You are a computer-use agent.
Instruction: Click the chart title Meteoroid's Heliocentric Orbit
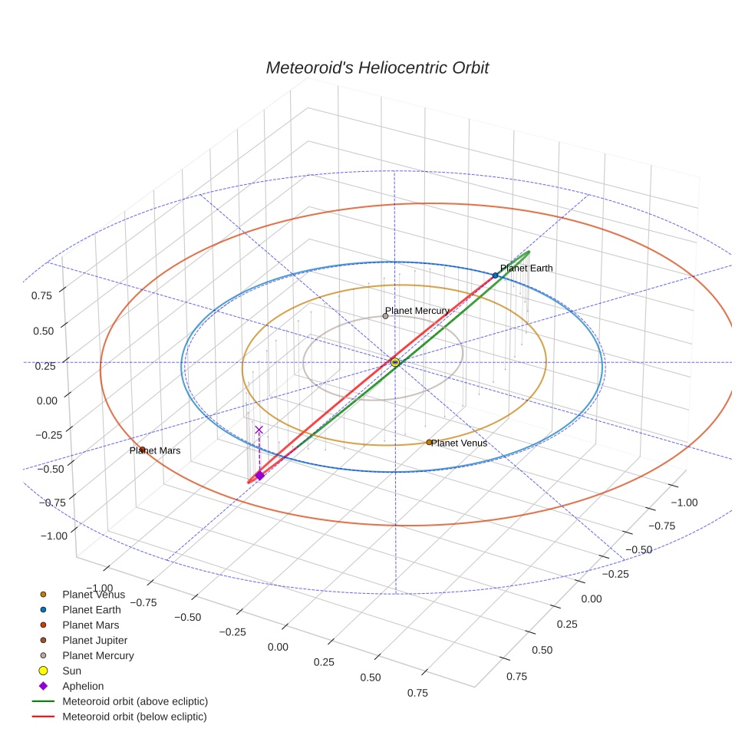(377, 68)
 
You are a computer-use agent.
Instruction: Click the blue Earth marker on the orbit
(495, 275)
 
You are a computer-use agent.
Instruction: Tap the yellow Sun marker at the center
(395, 361)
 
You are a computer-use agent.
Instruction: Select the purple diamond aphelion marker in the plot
(259, 476)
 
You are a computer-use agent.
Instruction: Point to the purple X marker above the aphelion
(259, 430)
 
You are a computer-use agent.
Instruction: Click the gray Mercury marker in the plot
(385, 316)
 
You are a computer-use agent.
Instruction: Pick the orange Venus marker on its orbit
(429, 442)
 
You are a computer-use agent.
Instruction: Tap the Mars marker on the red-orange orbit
(143, 450)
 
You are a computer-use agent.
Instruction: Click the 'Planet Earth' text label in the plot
(526, 268)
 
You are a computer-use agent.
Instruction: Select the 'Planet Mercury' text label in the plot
(417, 311)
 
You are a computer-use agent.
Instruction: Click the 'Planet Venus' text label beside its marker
(460, 443)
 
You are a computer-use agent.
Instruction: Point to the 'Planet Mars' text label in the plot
(156, 450)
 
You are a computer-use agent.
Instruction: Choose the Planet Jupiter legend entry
(94, 640)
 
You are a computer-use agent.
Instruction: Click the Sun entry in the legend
(71, 671)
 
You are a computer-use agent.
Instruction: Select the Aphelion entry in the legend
(82, 686)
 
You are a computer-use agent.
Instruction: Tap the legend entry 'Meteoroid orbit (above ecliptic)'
(134, 701)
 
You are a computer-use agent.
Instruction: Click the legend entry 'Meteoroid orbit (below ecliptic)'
(134, 717)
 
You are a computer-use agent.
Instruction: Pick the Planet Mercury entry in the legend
(97, 655)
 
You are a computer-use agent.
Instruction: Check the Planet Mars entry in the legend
(91, 625)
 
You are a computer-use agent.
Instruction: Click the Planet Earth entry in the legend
(91, 609)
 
